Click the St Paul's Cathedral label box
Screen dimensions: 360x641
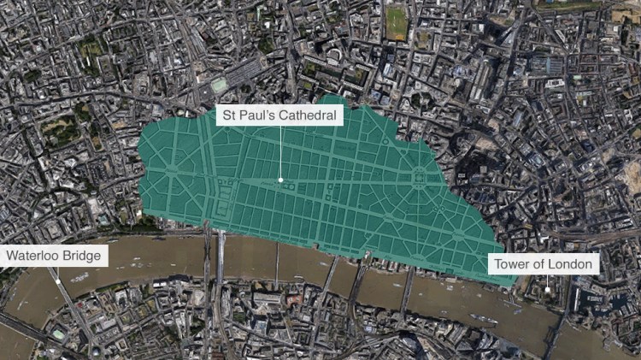coord(279,114)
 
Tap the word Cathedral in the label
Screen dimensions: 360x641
coord(309,114)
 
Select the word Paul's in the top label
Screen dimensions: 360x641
coord(259,114)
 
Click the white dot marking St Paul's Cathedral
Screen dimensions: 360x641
coord(280,180)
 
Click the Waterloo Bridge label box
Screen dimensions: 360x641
coord(55,256)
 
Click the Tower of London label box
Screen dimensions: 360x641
coord(543,263)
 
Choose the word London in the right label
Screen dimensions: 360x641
coord(570,263)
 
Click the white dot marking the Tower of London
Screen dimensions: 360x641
coord(548,290)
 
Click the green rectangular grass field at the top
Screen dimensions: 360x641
coord(397,23)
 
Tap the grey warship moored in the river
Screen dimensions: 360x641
coord(483,318)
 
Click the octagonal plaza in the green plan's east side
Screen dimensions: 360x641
coord(419,177)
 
